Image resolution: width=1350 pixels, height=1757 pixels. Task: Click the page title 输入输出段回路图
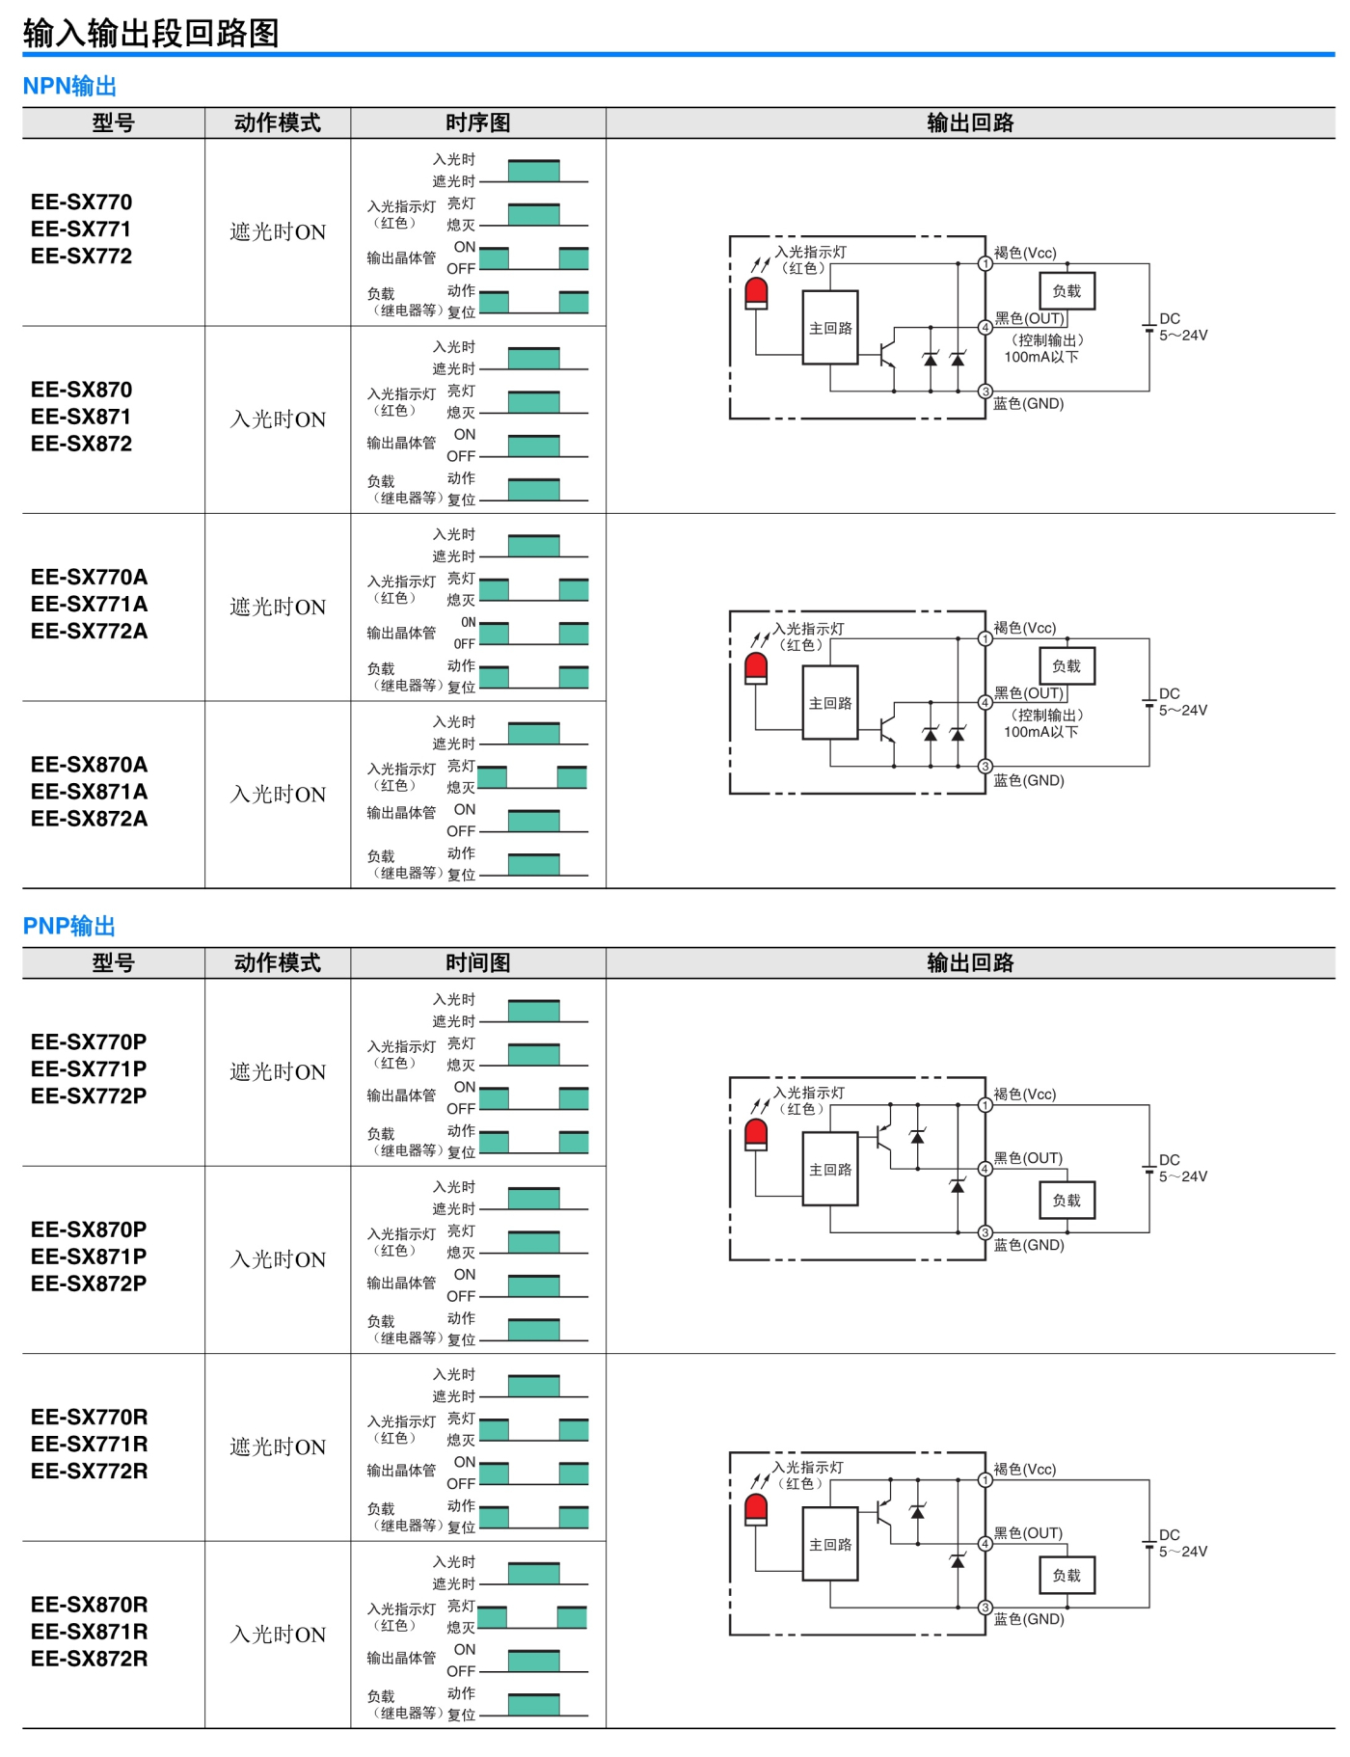click(151, 34)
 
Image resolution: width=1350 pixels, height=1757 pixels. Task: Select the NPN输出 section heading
click(69, 86)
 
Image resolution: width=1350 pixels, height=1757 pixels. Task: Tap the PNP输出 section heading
click(69, 926)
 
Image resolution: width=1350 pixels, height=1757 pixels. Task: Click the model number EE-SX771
click(81, 230)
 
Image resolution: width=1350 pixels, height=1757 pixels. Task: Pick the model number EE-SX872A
click(89, 819)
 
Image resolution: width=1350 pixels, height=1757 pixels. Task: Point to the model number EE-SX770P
click(89, 1042)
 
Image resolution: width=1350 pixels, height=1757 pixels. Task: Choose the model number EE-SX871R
click(89, 1632)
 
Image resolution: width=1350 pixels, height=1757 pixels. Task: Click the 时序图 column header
click(478, 122)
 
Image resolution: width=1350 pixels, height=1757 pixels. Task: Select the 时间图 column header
click(478, 962)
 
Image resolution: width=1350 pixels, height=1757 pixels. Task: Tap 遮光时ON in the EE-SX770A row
click(278, 607)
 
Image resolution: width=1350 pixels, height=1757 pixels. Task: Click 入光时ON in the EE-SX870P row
click(278, 1259)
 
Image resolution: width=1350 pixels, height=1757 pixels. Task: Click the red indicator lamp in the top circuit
click(756, 293)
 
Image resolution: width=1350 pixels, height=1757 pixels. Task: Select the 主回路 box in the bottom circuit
click(830, 1544)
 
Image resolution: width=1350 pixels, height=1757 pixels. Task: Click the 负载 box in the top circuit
click(1066, 291)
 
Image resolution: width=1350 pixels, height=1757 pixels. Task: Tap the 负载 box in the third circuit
click(1066, 1201)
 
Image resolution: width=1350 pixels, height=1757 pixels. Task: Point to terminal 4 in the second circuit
click(985, 703)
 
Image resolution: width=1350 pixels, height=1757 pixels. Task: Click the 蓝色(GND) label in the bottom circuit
click(1029, 1619)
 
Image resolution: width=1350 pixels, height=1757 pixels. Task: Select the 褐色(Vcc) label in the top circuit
click(1025, 253)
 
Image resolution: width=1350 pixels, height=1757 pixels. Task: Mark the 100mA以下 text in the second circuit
click(1041, 732)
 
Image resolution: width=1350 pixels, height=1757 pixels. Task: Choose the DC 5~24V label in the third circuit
click(1183, 1168)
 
